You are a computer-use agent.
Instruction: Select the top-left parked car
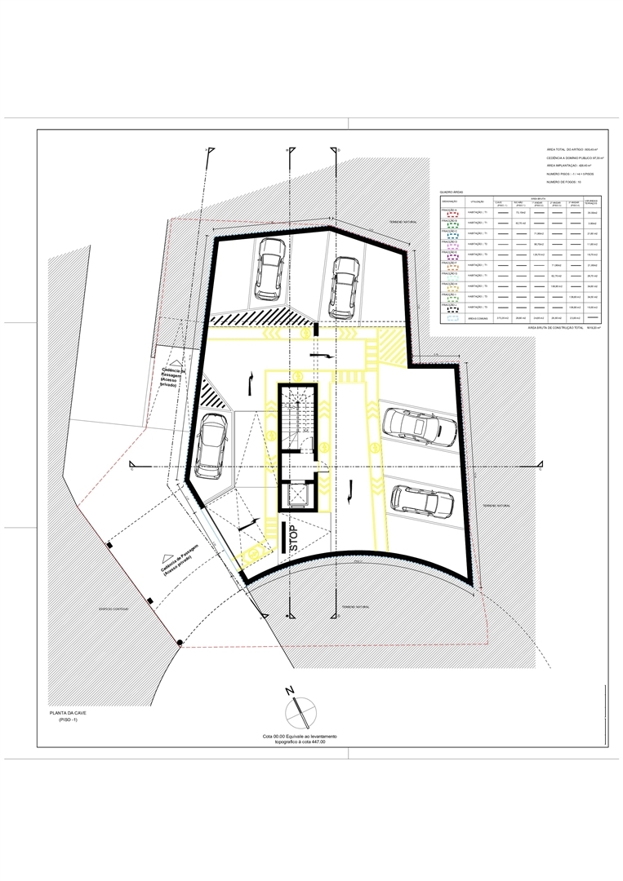269,269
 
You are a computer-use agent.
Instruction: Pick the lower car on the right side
422,500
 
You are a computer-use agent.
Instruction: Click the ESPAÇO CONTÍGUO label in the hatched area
113,607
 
